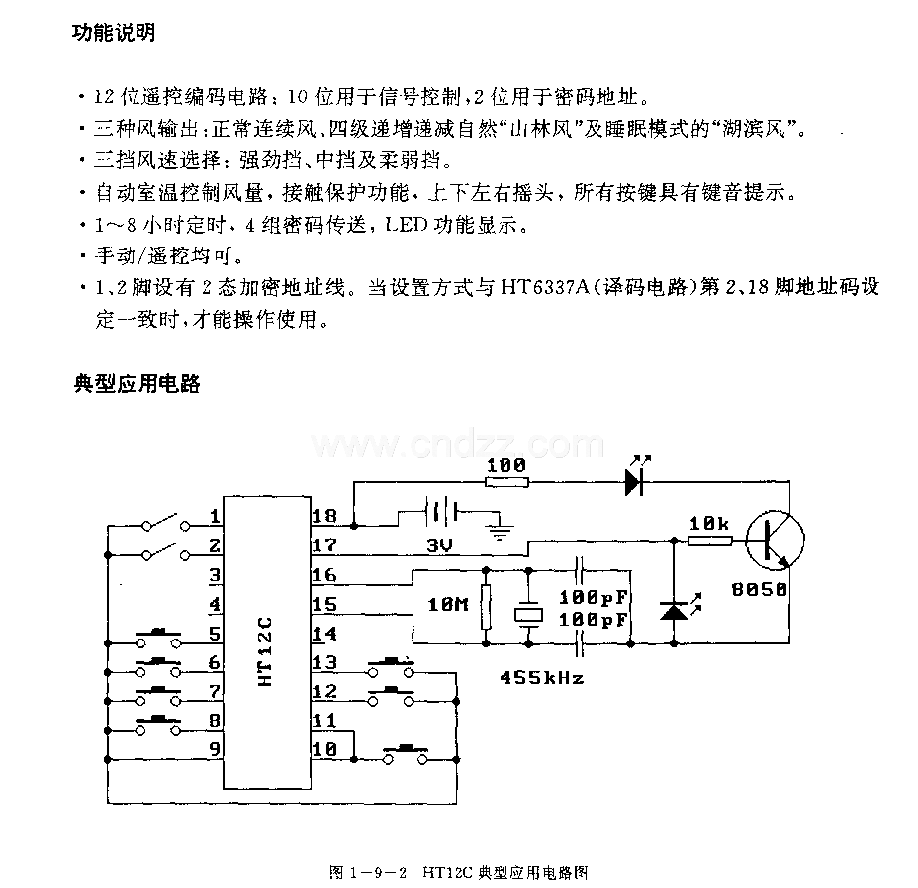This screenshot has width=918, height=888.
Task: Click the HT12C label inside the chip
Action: (265, 651)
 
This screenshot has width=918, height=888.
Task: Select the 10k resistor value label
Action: (709, 523)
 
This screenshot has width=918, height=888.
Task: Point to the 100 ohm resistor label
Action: (506, 465)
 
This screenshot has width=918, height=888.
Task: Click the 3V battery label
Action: (439, 545)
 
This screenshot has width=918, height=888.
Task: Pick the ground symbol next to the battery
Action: (499, 528)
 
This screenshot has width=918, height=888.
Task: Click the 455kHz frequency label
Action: (541, 678)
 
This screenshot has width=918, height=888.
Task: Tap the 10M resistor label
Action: (448, 604)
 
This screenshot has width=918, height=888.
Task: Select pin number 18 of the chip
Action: (324, 516)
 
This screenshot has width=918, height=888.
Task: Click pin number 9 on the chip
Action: (215, 749)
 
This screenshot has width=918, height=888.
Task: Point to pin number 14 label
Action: (324, 634)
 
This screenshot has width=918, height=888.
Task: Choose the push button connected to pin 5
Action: (158, 639)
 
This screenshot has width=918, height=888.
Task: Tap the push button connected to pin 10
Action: (406, 754)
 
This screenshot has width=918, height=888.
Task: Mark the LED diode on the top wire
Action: (636, 477)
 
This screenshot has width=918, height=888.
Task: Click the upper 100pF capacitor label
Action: (594, 597)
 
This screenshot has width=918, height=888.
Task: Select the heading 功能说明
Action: (114, 33)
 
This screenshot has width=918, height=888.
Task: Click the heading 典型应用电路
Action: (137, 384)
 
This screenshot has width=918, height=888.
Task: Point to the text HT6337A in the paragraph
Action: (544, 287)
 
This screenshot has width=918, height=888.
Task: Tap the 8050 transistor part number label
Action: (760, 589)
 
